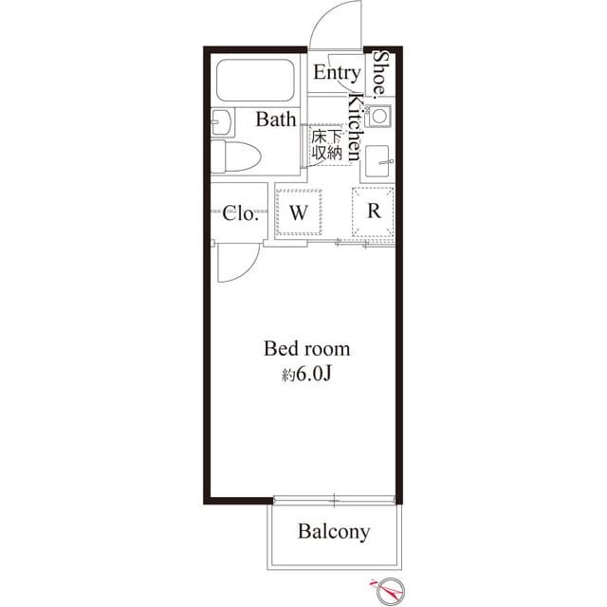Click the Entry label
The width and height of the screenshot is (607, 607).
pos(337,73)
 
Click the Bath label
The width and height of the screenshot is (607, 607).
pos(275,120)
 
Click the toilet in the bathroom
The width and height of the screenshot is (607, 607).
pos(237,156)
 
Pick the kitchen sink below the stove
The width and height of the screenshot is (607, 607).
pos(378,158)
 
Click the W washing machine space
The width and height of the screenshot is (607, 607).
pos(299,212)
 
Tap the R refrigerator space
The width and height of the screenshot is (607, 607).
pos(375,212)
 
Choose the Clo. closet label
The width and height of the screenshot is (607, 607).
pos(240,213)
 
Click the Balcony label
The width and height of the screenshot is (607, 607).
pos(333,531)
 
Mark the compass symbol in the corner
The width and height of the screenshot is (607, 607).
pos(389,590)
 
